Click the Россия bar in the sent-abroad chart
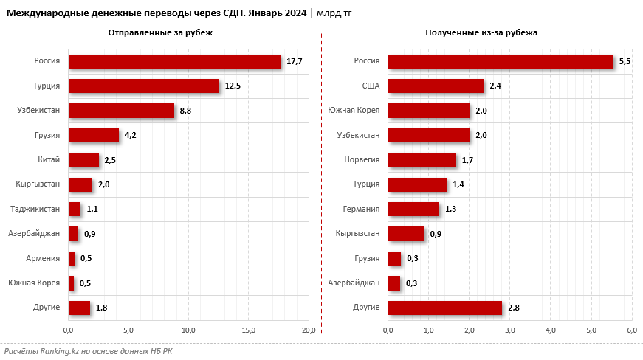[174, 61]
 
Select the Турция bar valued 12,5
[143, 86]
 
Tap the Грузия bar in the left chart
[93, 135]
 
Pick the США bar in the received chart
[436, 86]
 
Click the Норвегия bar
[422, 160]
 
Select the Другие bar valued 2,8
[444, 308]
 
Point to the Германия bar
[413, 209]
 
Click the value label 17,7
[295, 61]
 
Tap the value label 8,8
[186, 111]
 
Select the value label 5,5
[625, 61]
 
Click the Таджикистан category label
[35, 209]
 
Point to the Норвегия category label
[362, 160]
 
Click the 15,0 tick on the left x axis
[249, 330]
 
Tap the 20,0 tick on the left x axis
[309, 330]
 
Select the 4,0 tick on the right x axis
[551, 330]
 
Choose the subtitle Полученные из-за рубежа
[481, 33]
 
